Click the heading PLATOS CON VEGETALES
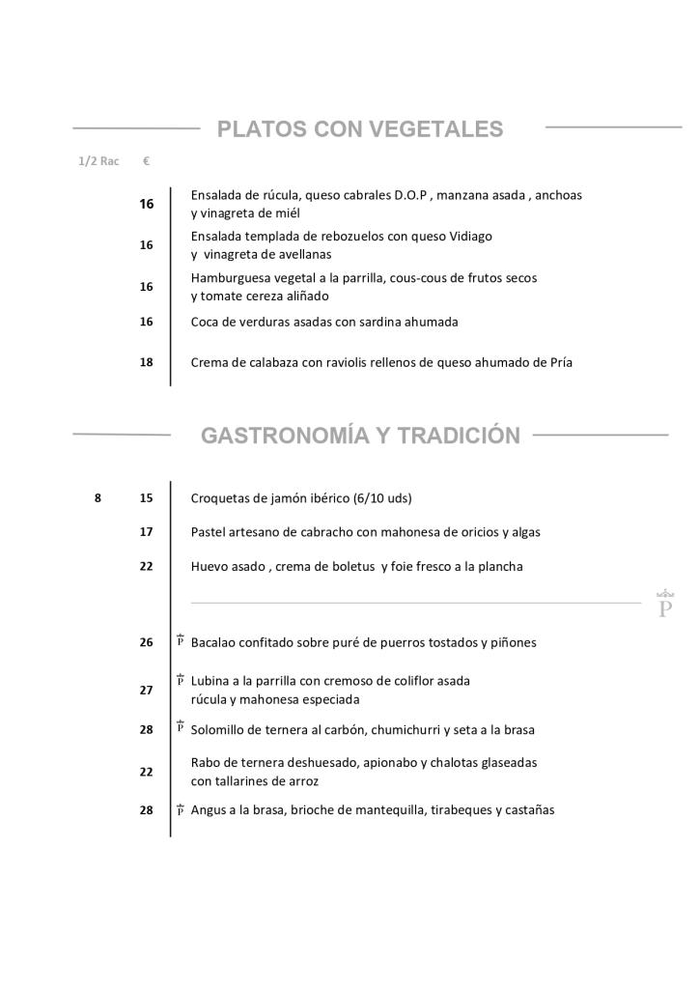coord(360,129)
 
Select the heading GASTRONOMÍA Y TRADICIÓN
coord(360,436)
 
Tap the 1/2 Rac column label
coord(98,161)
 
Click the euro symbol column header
coord(146,161)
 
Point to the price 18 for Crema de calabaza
coord(146,362)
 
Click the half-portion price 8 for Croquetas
coord(98,498)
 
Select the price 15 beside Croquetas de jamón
coord(146,498)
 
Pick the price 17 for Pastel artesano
coord(146,532)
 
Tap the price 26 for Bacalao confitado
coord(146,642)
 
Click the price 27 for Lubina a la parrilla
coord(146,691)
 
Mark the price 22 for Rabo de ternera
coord(146,772)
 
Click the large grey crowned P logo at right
coord(665,605)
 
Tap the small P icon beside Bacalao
coord(181,640)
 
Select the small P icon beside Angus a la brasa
coord(181,809)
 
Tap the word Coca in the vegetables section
coord(206,322)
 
